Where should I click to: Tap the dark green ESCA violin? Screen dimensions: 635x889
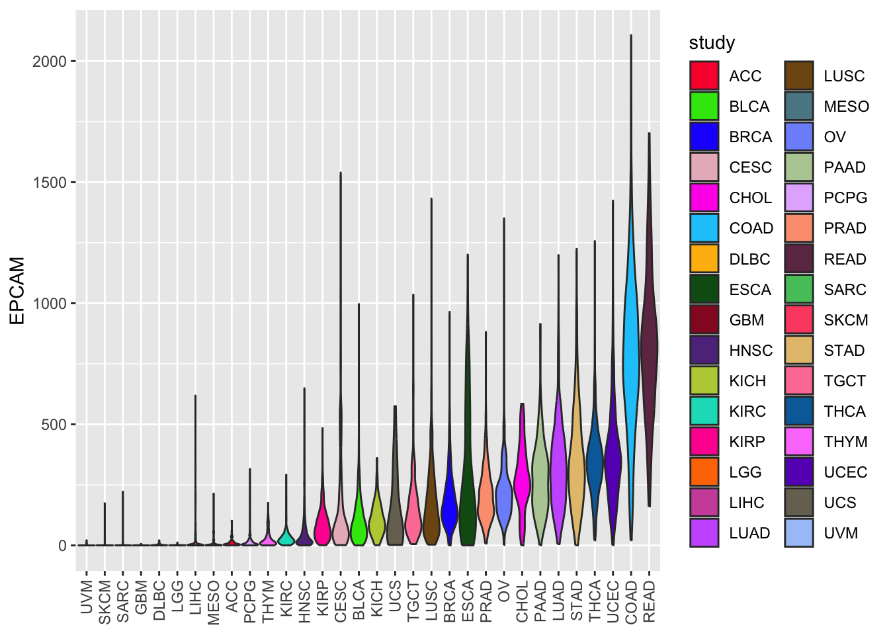tap(468, 476)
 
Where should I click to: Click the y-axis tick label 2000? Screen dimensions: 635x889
tap(50, 62)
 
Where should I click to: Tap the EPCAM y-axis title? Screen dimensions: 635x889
tap(17, 290)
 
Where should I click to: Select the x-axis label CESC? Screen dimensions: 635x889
tap(341, 601)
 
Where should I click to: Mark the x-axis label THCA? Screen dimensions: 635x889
tap(595, 601)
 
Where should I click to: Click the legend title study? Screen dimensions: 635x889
tap(712, 43)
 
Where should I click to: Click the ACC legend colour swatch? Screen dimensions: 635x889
tap(704, 75)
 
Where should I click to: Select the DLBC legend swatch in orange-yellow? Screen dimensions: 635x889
tap(704, 259)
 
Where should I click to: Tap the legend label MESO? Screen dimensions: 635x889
tap(846, 106)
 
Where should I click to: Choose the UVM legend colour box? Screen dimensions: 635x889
tap(798, 533)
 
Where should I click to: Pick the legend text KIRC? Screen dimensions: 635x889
tap(747, 411)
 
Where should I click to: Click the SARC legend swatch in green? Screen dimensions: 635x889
tap(798, 289)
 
